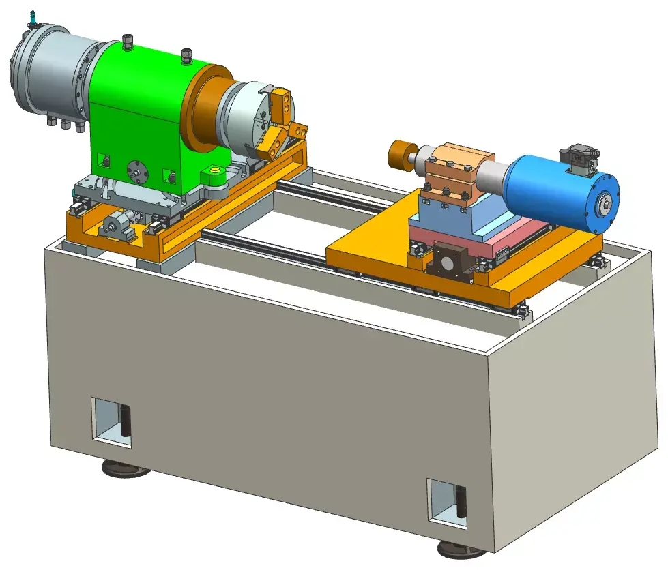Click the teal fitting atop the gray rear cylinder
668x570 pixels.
point(33,19)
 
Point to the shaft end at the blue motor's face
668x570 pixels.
point(604,202)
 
